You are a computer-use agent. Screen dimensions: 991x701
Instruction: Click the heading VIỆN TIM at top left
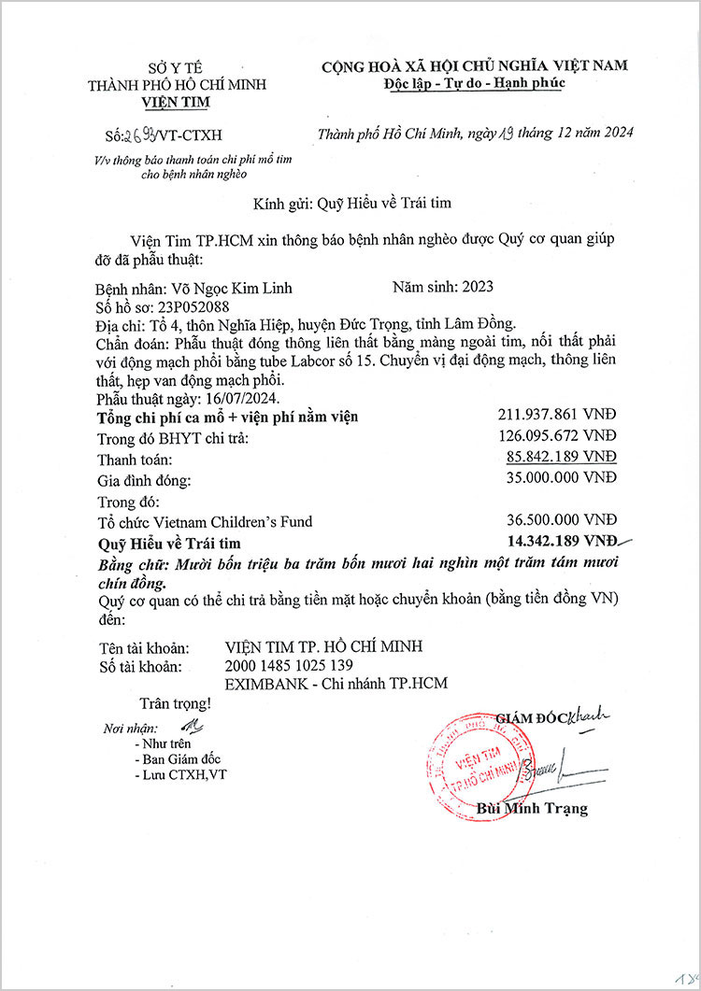tap(177, 102)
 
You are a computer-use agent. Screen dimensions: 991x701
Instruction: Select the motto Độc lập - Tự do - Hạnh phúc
tap(475, 83)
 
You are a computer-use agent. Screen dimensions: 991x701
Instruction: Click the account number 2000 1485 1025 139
tap(289, 665)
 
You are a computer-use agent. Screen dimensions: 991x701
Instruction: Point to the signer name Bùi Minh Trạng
tap(532, 808)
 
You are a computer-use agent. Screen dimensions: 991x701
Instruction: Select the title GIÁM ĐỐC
tap(531, 717)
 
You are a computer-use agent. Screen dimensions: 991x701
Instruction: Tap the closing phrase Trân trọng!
tap(175, 702)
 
